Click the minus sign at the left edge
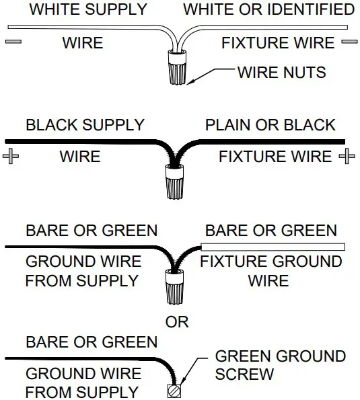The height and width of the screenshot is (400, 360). [x=13, y=42]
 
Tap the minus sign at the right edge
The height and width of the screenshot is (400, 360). [x=348, y=42]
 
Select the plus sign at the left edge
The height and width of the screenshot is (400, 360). [x=12, y=157]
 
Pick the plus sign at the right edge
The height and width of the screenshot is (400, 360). [x=347, y=157]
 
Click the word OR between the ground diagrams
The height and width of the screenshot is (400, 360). [x=176, y=323]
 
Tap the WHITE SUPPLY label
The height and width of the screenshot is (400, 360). [x=87, y=10]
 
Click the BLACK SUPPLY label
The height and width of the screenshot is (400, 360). [x=85, y=125]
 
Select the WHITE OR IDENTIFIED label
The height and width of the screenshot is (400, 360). [x=269, y=10]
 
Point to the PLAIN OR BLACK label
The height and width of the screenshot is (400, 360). [x=270, y=125]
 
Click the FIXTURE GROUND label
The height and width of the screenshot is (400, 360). [x=271, y=262]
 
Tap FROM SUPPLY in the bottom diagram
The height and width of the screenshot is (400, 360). [x=81, y=391]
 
